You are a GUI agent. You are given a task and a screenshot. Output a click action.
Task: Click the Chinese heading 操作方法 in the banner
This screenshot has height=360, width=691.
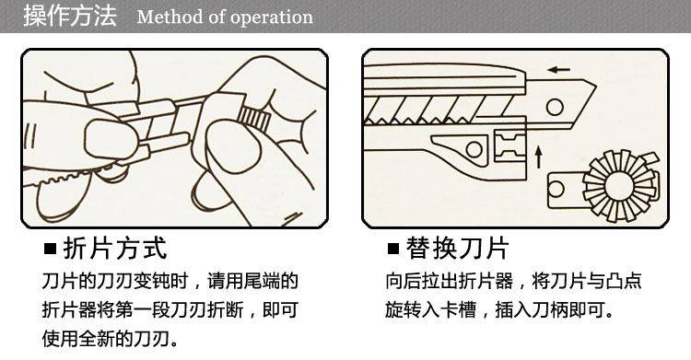pyautogui.click(x=70, y=16)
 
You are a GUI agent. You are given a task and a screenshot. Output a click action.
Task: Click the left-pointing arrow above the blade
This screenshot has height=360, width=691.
pyautogui.click(x=559, y=69)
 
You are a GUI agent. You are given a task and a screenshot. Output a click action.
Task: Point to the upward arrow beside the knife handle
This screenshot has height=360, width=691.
pyautogui.click(x=538, y=157)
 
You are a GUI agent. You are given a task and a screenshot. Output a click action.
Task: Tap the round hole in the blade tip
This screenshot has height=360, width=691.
pyautogui.click(x=555, y=107)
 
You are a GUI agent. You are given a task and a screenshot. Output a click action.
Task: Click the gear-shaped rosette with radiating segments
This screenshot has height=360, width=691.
pyautogui.click(x=620, y=185)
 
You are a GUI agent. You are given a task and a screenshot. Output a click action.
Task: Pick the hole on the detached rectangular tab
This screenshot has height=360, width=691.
pyautogui.click(x=556, y=189)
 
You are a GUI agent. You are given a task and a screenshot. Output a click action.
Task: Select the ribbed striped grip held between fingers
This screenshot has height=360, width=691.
pyautogui.click(x=254, y=119)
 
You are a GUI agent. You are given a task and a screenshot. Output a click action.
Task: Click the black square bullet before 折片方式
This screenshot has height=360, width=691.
pyautogui.click(x=51, y=249)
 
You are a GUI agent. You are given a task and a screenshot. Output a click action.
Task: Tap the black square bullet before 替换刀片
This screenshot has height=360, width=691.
pyautogui.click(x=393, y=249)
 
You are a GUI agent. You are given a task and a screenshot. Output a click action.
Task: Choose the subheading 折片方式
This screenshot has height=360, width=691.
pyautogui.click(x=115, y=248)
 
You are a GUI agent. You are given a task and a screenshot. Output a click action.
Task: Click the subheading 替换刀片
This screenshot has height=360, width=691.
pyautogui.click(x=457, y=248)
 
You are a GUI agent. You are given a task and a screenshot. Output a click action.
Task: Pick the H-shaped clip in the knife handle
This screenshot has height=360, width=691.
pyautogui.click(x=509, y=145)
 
